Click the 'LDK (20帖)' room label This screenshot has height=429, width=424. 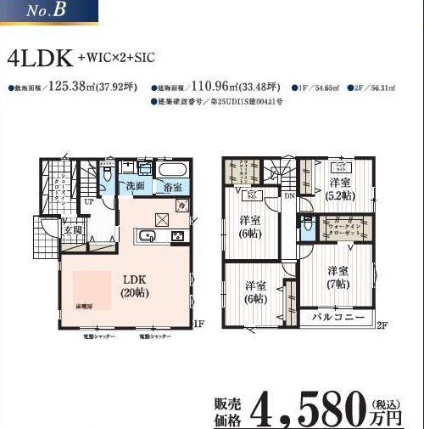132,284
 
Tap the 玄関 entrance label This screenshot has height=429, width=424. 71,229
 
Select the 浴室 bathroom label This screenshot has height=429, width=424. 173,185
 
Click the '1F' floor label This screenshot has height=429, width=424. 198,324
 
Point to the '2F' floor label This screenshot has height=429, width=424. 382,325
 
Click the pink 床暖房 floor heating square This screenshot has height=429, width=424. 92,294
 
